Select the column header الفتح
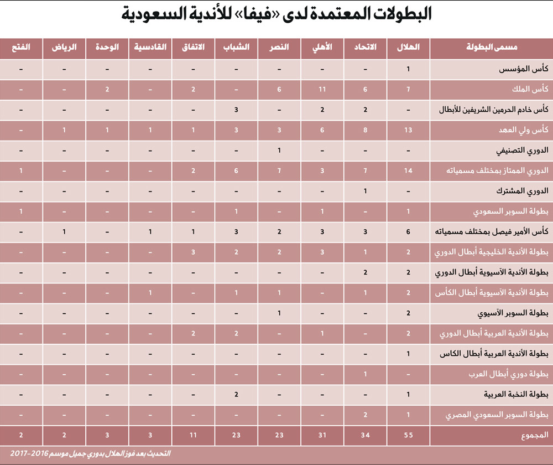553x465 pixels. pos(21,48)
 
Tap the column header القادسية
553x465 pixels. pos(150,48)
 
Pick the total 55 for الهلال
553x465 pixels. pos(408,435)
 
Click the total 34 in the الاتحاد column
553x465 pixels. pos(366,435)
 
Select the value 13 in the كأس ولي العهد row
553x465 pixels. pos(408,130)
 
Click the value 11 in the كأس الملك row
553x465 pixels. pos(322,90)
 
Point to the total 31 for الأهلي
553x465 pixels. pos(322,435)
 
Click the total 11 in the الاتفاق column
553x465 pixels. pos(194,435)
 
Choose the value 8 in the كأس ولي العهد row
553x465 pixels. pos(366,130)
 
